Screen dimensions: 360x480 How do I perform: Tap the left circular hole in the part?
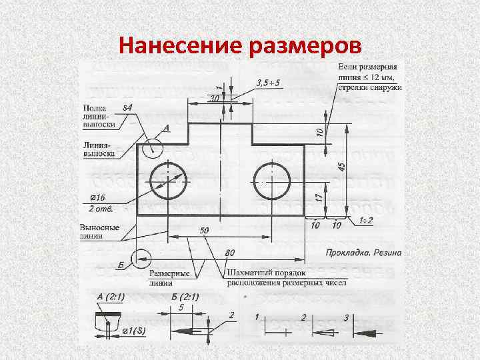coord(169,181)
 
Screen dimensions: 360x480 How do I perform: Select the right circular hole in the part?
coord(272,181)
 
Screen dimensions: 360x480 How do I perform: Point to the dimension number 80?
coord(231,253)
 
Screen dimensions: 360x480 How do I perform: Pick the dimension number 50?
coord(204,230)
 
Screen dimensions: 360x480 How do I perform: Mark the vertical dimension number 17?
coord(319,197)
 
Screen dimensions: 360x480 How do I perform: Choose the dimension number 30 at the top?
coord(213,99)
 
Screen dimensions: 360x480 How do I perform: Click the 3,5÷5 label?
coord(267,83)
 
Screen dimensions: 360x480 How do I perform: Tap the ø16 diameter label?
coord(99,197)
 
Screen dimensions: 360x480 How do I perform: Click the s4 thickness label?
coord(127,107)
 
